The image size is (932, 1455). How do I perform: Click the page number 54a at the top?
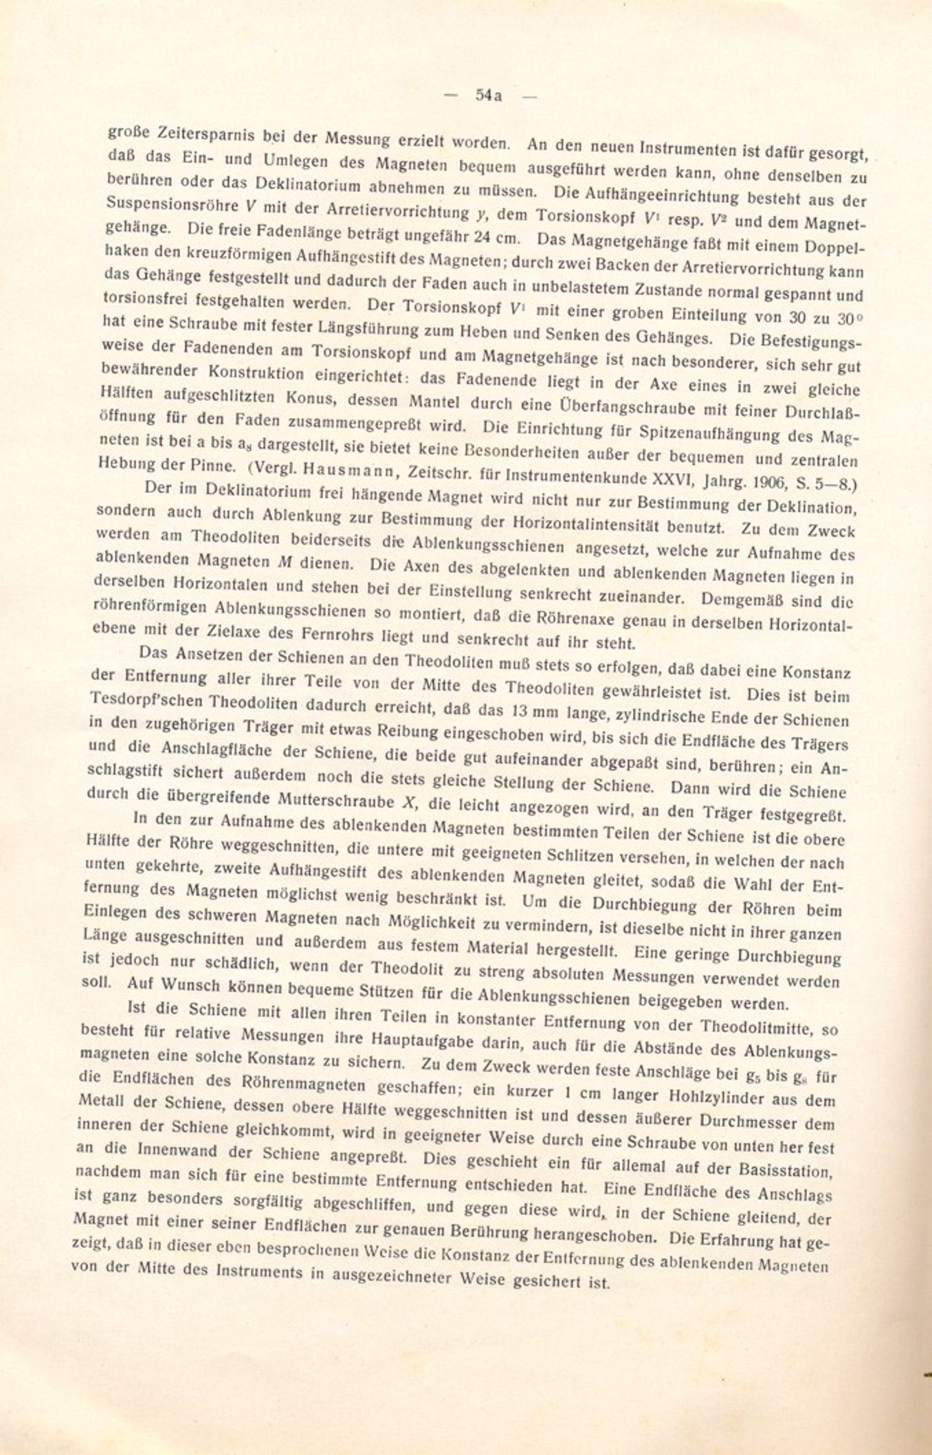[x=489, y=96]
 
